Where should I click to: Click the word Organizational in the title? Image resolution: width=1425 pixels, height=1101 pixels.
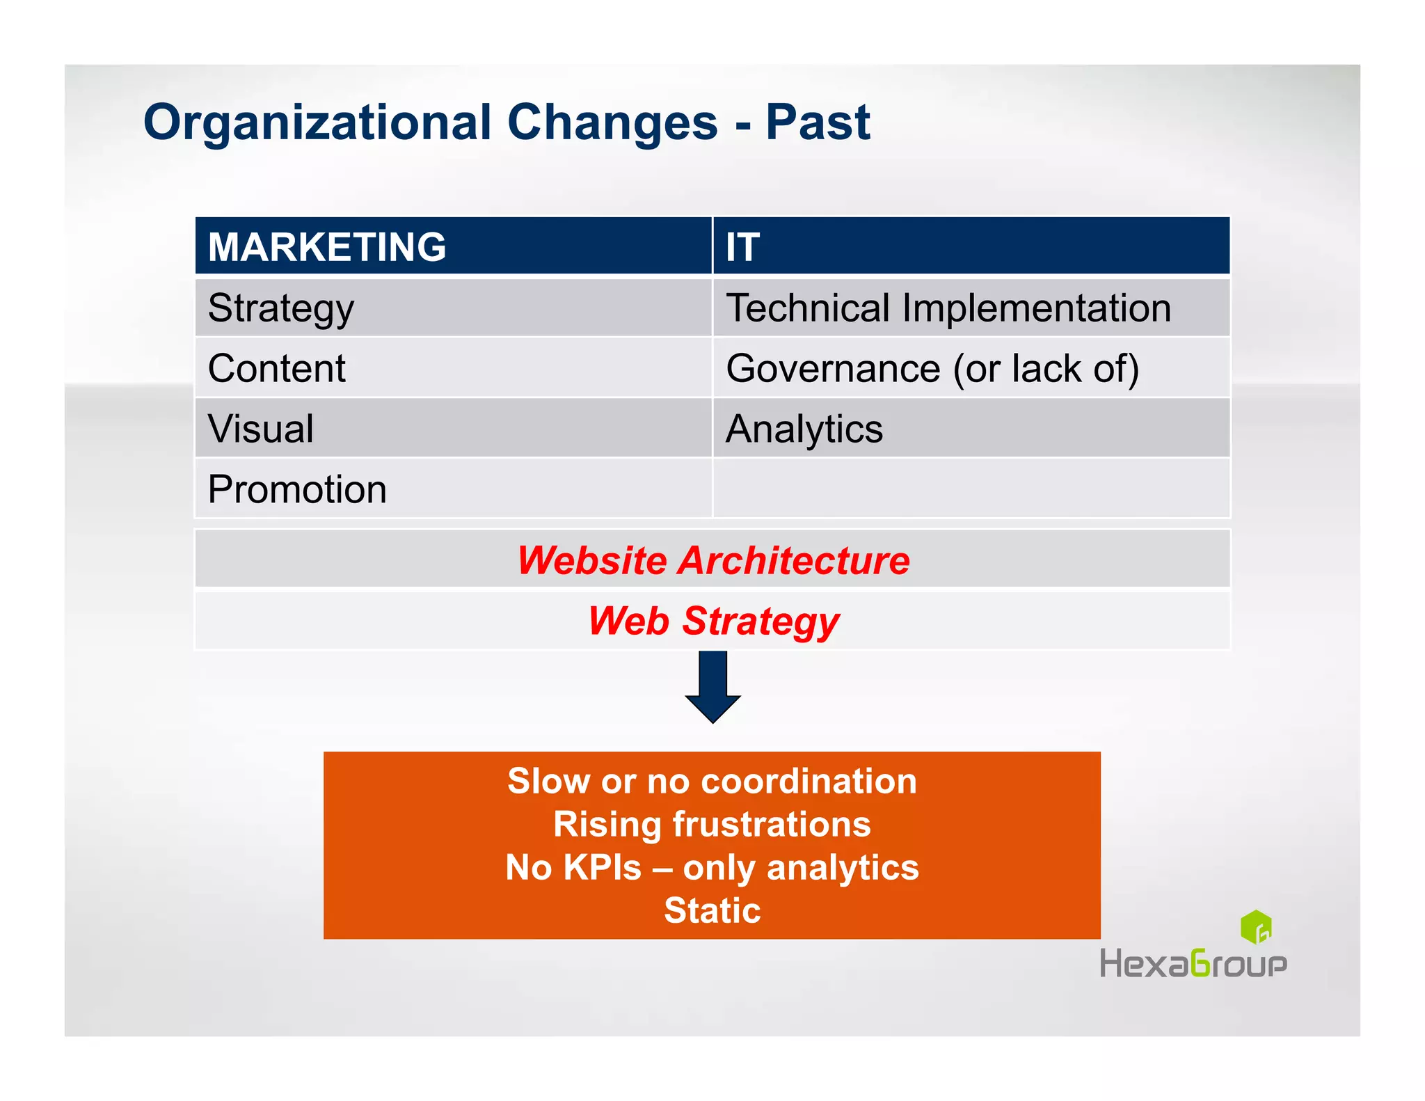click(x=317, y=122)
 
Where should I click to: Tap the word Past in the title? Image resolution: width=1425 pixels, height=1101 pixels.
click(x=818, y=122)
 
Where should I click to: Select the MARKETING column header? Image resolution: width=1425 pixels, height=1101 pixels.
click(x=327, y=247)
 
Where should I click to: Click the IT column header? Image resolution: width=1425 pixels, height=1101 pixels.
click(x=743, y=247)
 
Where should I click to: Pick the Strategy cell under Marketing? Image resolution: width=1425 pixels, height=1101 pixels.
click(x=281, y=308)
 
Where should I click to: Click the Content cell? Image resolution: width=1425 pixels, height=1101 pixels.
click(x=276, y=368)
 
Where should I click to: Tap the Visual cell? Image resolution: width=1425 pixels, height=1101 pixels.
click(x=261, y=429)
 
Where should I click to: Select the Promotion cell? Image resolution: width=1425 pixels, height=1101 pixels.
click(x=297, y=489)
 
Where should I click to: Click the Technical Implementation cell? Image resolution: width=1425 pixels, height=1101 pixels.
click(x=948, y=308)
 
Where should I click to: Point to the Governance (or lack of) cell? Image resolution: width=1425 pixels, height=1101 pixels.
click(x=932, y=368)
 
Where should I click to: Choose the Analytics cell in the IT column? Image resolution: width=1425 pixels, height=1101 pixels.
click(x=804, y=429)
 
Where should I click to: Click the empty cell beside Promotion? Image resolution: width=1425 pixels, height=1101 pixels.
click(x=971, y=489)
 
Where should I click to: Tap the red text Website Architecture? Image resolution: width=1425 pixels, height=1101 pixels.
click(x=713, y=560)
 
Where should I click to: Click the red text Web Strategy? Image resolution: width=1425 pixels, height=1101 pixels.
click(x=713, y=621)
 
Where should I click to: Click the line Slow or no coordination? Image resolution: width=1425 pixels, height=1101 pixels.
click(x=712, y=781)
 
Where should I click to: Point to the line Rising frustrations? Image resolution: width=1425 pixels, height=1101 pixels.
click(x=712, y=824)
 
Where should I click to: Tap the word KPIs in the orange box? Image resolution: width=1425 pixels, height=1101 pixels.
click(x=602, y=868)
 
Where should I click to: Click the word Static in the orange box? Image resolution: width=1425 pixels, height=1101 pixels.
click(x=712, y=910)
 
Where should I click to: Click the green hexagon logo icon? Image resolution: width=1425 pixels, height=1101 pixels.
click(x=1256, y=927)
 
